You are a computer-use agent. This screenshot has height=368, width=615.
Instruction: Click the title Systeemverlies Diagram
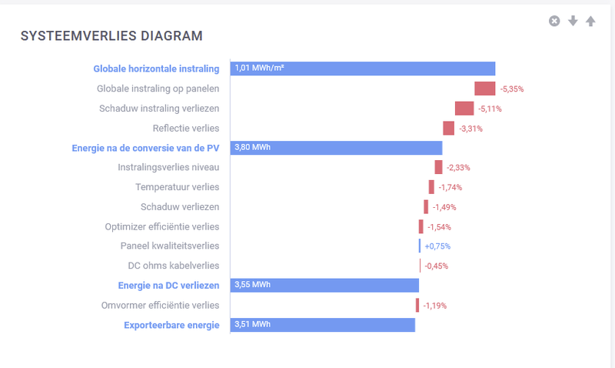pos(111,35)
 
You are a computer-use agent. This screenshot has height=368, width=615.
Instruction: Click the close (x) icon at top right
pos(554,21)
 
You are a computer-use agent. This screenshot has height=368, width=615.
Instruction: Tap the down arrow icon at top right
pos(573,21)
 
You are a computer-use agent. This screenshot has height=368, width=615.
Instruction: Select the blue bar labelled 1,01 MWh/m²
pos(362,69)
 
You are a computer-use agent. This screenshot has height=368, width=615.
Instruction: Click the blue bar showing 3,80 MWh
pos(336,148)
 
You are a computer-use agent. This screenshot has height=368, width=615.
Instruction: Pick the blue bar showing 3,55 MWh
pos(324,286)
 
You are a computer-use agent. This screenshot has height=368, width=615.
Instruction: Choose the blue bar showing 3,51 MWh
pos(322,325)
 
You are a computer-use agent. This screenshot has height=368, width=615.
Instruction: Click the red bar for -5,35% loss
pos(484,89)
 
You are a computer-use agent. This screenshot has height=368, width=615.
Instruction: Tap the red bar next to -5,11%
pos(464,109)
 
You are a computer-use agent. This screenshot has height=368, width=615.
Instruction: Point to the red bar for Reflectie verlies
pos(448,128)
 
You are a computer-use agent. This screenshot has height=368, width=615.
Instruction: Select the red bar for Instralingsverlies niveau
pos(438,167)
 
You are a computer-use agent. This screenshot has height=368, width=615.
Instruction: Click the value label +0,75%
pos(437,246)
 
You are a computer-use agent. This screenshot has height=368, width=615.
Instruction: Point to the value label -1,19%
pos(434,306)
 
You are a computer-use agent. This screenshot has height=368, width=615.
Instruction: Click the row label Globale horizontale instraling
pos(156,69)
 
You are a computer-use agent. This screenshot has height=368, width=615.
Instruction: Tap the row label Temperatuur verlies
pos(177,187)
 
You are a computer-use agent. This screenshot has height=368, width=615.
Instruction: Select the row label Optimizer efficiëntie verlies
pos(161,226)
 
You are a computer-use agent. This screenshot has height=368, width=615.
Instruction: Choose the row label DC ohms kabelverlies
pos(173,266)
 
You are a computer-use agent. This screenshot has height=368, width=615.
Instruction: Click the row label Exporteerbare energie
pos(171,325)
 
